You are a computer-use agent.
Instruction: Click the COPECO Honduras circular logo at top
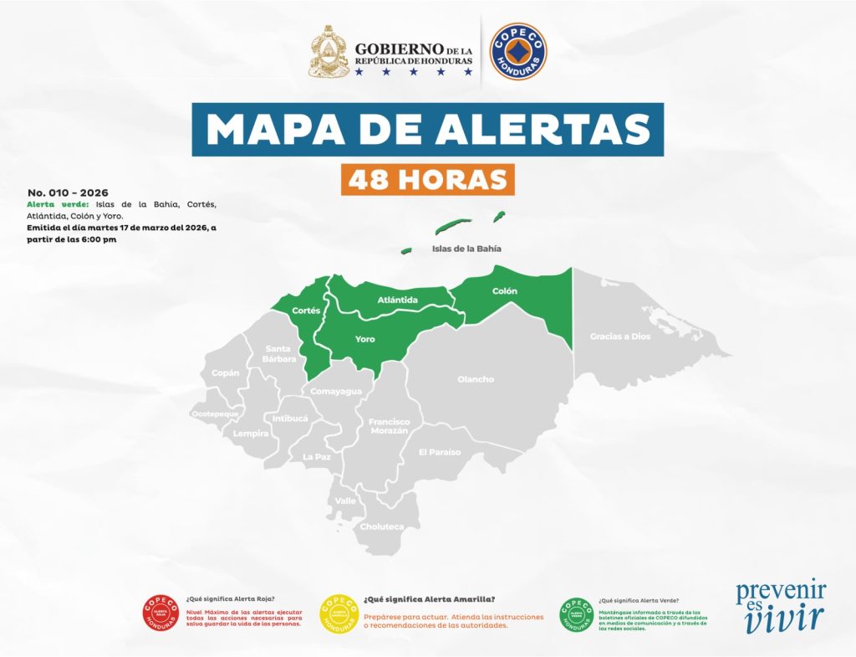518,52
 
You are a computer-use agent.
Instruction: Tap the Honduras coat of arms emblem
329,51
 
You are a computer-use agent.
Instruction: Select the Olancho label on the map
476,379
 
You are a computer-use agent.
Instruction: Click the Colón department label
504,291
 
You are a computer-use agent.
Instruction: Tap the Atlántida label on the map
397,300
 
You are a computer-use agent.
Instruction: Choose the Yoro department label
364,339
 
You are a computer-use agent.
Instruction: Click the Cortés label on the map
306,311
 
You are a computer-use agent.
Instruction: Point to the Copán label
226,372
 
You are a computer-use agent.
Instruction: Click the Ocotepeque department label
215,413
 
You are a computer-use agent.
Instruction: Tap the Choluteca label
381,526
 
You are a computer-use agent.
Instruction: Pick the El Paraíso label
440,452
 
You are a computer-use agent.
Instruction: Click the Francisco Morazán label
390,426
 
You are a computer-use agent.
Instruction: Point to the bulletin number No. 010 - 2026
68,192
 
